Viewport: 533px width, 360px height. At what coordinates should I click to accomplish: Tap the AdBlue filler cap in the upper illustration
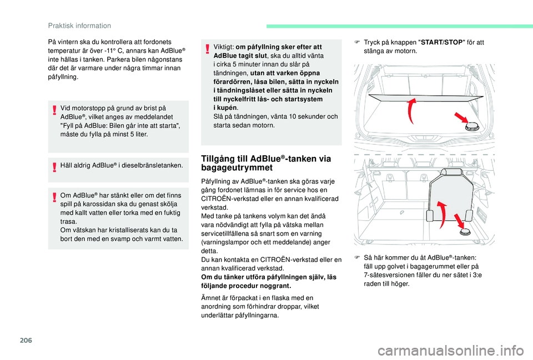tap(473, 126)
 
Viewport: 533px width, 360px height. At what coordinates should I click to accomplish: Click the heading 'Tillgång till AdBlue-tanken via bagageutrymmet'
tap(270, 163)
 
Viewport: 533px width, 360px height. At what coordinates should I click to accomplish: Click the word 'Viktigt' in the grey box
tap(223, 47)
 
